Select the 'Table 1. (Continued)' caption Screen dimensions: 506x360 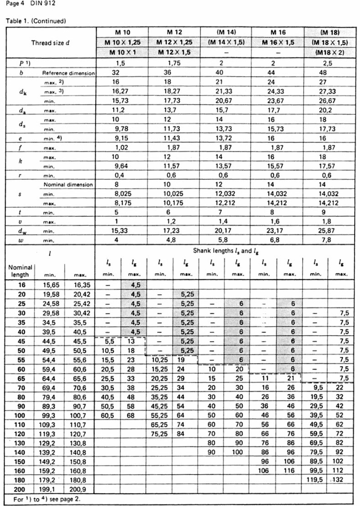pos(36,21)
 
